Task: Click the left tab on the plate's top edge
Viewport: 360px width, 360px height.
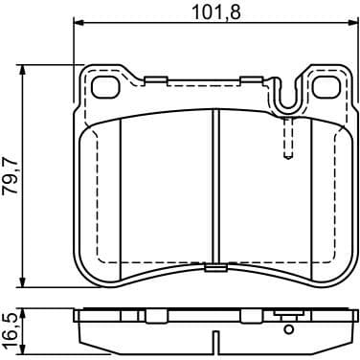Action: pos(157,79)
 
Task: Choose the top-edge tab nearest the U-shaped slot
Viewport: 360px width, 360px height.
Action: pos(253,79)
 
